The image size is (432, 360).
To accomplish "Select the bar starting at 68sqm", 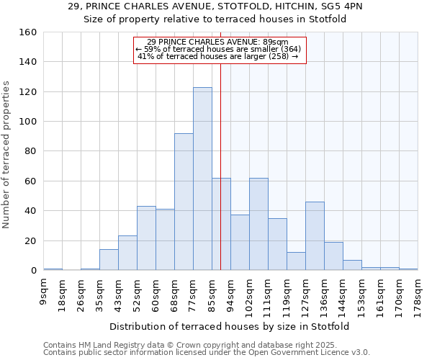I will coord(184,202).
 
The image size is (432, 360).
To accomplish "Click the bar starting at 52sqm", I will coord(146,238).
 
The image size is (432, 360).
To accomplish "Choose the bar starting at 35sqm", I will coord(109,260).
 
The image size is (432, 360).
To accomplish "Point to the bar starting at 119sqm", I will coord(296,261).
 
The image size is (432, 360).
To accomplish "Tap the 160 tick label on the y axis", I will coord(28,32).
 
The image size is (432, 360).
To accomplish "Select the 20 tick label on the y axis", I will coord(31,241).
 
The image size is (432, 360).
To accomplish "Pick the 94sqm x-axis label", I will coord(230,292).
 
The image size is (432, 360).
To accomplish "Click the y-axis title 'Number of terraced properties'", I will coord(6,154).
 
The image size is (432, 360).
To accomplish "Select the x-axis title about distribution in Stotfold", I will coord(230,326).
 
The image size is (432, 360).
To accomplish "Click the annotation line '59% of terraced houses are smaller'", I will coord(220,49).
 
